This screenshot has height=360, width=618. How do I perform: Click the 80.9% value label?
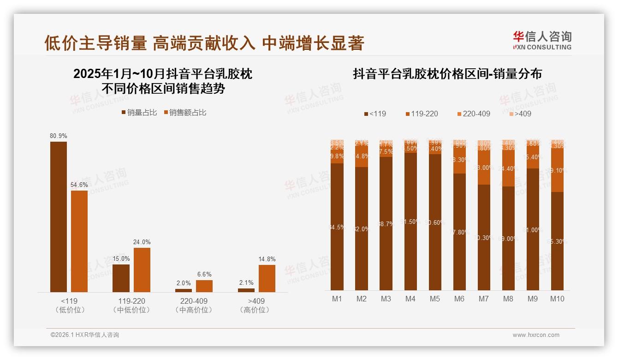click(59, 136)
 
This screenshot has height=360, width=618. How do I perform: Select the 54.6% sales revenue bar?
click(79, 241)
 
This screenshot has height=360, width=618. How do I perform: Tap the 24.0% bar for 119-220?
click(142, 270)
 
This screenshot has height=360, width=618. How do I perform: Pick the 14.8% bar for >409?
click(267, 278)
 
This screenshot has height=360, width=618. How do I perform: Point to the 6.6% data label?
click(204, 275)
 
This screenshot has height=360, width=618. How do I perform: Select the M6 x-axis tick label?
click(459, 299)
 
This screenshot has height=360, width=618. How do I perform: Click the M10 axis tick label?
click(557, 299)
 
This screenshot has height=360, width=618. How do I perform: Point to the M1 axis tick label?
click(337, 299)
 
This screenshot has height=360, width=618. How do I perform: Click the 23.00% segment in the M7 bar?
click(484, 168)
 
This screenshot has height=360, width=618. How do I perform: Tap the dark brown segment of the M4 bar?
click(410, 222)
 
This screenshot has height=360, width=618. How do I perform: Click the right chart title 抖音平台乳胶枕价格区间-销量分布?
click(447, 74)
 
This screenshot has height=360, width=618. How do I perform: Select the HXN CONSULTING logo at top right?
click(542, 41)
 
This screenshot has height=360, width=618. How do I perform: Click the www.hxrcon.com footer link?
click(536, 335)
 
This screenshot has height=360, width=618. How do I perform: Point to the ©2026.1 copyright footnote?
click(85, 335)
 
